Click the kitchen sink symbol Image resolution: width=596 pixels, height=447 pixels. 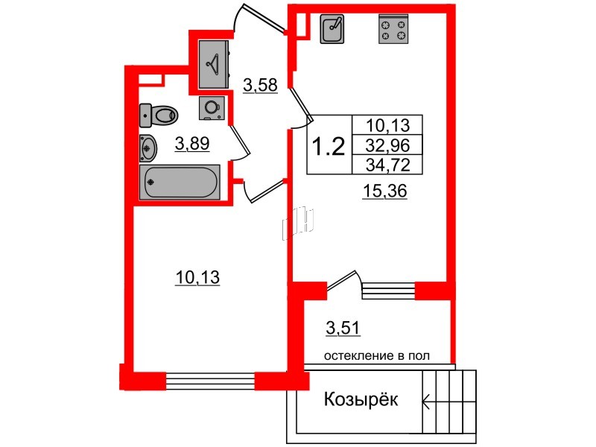[332, 29]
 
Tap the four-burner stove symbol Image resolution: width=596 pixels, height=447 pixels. [393, 29]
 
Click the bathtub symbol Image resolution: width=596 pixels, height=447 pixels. [180, 182]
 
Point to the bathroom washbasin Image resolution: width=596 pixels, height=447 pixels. [148, 148]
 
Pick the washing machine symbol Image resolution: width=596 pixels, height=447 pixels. [212, 108]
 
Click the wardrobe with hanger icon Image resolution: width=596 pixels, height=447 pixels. [214, 64]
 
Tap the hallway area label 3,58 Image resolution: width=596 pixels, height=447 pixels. [260, 85]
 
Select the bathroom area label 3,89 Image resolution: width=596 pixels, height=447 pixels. [192, 144]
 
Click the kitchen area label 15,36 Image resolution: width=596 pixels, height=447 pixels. [385, 191]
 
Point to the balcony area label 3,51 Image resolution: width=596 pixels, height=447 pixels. [343, 329]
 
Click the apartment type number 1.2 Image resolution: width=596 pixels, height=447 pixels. [329, 147]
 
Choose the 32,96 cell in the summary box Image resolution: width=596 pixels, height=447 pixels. [387, 145]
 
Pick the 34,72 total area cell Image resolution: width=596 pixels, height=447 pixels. [387, 165]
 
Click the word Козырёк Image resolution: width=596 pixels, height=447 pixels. [361, 399]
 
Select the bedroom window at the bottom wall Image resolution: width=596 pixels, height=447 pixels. [210, 381]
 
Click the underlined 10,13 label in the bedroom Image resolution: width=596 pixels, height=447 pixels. [197, 278]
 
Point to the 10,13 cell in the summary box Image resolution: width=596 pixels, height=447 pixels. [387, 124]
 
